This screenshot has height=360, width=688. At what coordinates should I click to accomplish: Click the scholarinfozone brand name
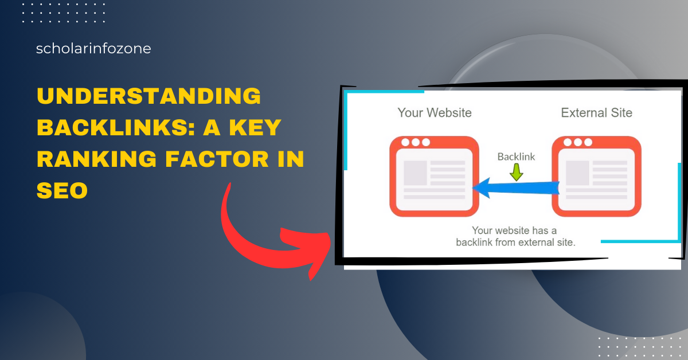(93, 49)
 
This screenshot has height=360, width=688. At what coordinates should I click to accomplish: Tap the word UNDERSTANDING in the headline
(149, 96)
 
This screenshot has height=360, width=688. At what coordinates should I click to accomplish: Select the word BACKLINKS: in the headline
(116, 127)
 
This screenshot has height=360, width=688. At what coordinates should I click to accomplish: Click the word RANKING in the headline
(97, 159)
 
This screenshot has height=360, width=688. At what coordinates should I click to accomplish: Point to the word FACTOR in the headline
(217, 159)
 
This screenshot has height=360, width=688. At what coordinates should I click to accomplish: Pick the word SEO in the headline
(62, 190)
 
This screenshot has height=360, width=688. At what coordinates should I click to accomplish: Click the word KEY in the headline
(255, 127)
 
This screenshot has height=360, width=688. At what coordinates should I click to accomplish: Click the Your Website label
(435, 113)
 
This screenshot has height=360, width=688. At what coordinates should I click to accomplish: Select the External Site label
(596, 113)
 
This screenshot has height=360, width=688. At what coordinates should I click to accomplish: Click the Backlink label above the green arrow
(516, 156)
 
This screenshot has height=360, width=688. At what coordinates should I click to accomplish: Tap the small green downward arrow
(517, 172)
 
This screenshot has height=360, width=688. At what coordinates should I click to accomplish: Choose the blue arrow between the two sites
(516, 187)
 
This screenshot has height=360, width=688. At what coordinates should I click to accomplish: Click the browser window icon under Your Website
(435, 177)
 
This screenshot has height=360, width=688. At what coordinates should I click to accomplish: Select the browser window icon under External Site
(596, 177)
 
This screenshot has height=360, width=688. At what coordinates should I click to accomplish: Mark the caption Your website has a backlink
(515, 236)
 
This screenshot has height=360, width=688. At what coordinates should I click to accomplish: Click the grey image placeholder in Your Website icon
(415, 173)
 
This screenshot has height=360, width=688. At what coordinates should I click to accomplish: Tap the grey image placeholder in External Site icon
(577, 173)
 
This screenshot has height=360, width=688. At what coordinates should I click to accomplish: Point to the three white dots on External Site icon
(578, 142)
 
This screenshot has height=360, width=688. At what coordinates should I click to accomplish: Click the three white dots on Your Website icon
(416, 142)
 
